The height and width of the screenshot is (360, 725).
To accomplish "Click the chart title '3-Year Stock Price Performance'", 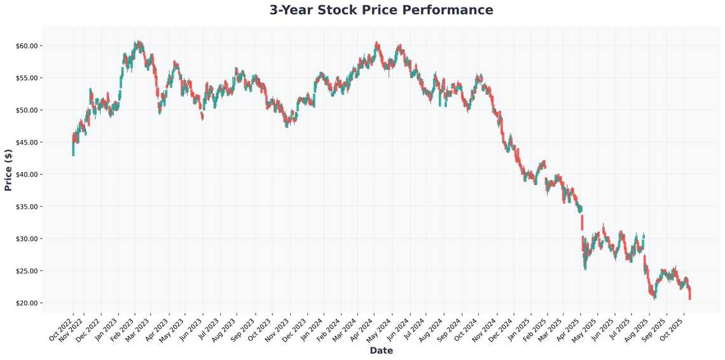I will click(x=381, y=10).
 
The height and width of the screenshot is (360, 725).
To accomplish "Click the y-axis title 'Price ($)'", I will click(x=8, y=169).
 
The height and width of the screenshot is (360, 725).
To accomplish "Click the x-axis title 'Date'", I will click(x=381, y=350).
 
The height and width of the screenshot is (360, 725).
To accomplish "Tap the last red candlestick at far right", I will click(x=689, y=293).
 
